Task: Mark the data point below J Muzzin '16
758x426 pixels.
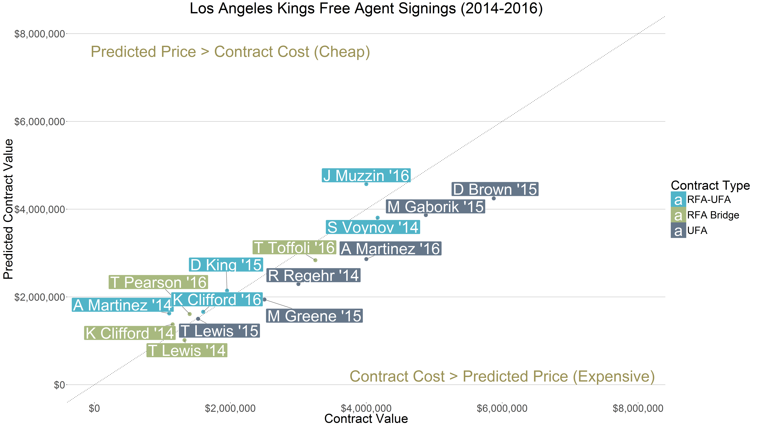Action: pos(366,184)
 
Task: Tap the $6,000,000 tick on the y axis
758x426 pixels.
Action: pos(39,121)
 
